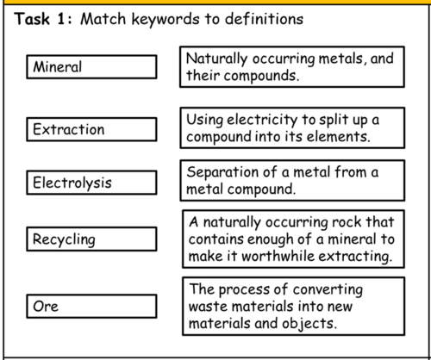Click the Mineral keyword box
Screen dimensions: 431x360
[91, 67]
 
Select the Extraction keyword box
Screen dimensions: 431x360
[91, 129]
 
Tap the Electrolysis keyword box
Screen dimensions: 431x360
[91, 183]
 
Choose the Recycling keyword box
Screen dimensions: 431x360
[91, 239]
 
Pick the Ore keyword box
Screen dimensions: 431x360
[91, 307]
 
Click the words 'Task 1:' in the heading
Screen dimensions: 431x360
[43, 19]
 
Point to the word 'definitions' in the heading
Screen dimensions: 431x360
[264, 19]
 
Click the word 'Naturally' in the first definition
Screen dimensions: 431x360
[216, 59]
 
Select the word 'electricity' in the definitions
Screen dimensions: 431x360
[262, 121]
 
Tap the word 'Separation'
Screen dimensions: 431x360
[222, 173]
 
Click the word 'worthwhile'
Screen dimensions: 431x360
[278, 256]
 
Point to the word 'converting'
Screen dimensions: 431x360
[328, 289]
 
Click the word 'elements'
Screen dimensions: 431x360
[338, 137]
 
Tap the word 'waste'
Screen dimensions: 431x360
[209, 307]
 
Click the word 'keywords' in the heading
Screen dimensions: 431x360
[166, 20]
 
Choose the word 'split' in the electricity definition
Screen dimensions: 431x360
[334, 121]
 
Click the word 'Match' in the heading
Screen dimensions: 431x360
[103, 19]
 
